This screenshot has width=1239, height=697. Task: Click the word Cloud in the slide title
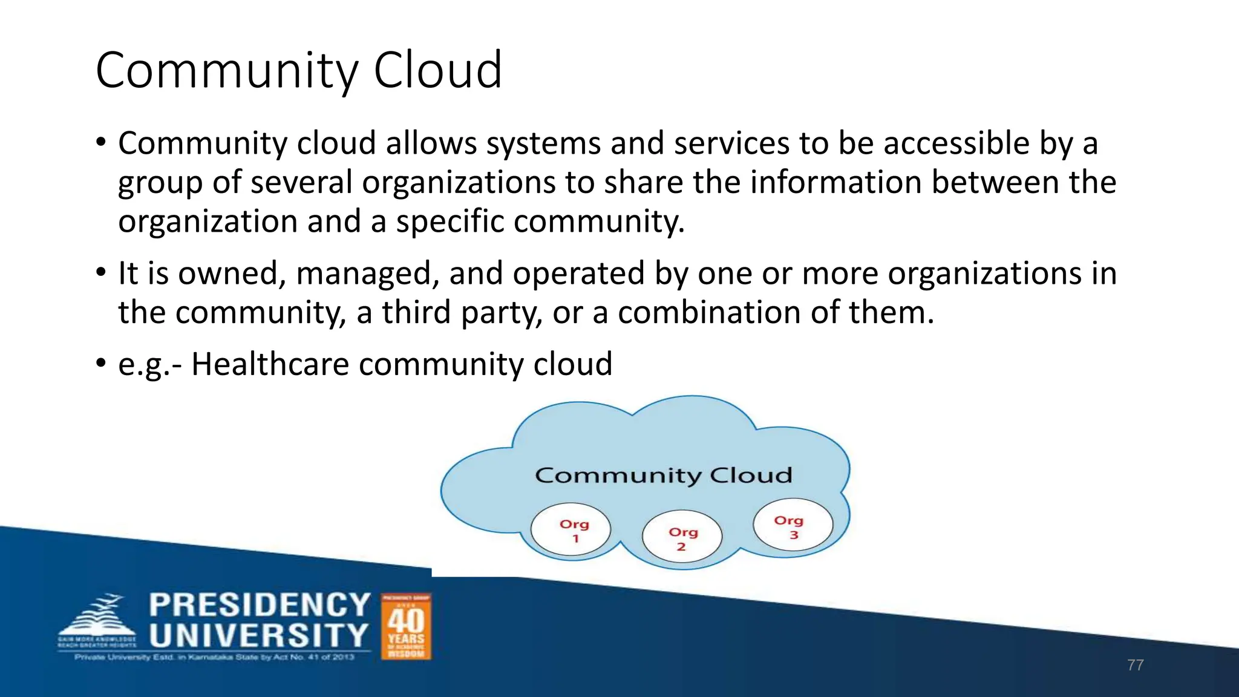(x=437, y=71)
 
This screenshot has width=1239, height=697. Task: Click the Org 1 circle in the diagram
(x=570, y=529)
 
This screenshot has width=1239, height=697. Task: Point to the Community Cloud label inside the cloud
(x=663, y=476)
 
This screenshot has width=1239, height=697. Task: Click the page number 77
(x=1135, y=665)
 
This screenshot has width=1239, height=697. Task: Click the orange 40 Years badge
(x=406, y=626)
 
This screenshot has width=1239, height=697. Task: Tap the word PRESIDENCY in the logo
(x=260, y=605)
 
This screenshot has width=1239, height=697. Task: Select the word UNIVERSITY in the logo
(x=259, y=636)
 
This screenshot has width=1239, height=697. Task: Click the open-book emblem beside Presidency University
(x=97, y=618)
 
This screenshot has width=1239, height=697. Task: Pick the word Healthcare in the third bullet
(x=270, y=364)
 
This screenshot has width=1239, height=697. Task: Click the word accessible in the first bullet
(x=956, y=143)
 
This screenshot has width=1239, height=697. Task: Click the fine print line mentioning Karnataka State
(x=214, y=657)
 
